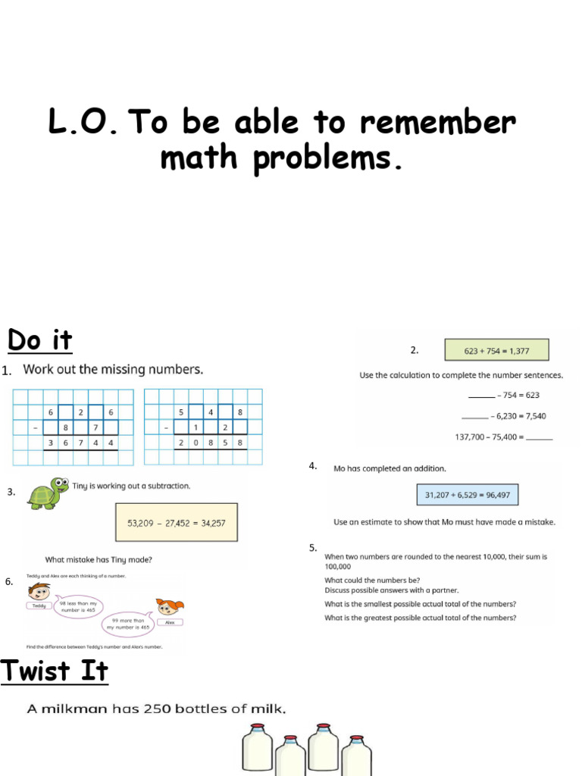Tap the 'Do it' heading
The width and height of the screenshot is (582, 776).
tap(40, 340)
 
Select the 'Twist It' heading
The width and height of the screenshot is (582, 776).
tap(55, 671)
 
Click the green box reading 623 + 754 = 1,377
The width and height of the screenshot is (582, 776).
tap(496, 350)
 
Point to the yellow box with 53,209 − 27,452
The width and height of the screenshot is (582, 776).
tap(176, 523)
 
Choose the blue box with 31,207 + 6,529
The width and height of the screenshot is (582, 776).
tap(467, 495)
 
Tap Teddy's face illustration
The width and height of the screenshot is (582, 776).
tap(39, 590)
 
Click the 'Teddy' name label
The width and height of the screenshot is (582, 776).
tap(39, 605)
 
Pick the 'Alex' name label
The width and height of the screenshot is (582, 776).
tap(170, 622)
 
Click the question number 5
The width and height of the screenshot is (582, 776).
tap(312, 548)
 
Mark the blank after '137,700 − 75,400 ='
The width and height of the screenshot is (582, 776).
tap(539, 438)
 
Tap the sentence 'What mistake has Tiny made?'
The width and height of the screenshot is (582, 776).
tap(99, 560)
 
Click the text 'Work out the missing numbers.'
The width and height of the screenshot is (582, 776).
tap(113, 370)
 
